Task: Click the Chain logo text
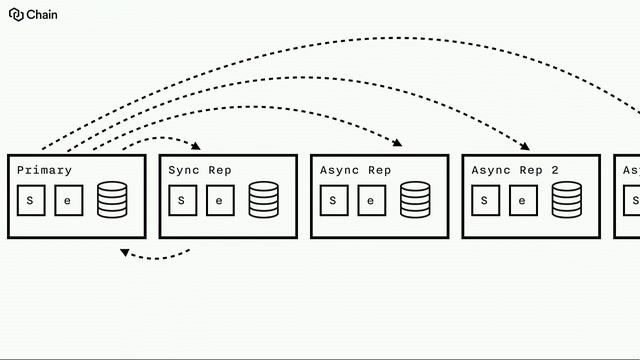coord(42,15)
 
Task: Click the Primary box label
coord(45,171)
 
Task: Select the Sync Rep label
coord(200,171)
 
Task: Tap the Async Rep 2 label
coord(515,171)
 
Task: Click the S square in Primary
coord(30,200)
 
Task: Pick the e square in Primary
coord(68,200)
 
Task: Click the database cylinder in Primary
coord(112,200)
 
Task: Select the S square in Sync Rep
coord(181,200)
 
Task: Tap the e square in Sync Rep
coord(219,200)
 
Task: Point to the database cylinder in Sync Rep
coord(264,200)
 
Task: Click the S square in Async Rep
coord(333,200)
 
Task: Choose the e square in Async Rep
coord(370,200)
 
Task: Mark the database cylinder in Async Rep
coord(415,200)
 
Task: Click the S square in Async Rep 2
coord(484,200)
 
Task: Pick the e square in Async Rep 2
coord(522,200)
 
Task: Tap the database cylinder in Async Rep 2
coord(566,200)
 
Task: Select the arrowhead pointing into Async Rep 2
coord(525,146)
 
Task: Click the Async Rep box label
coord(355,171)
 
